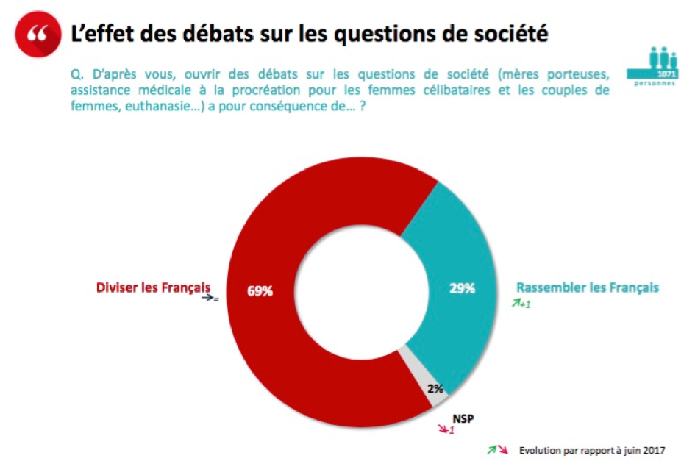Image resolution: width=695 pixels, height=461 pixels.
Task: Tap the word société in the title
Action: pyautogui.click(x=510, y=34)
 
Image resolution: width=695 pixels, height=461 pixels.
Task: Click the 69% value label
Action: pyautogui.click(x=259, y=290)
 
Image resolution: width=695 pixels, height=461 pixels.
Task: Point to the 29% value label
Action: pyautogui.click(x=462, y=288)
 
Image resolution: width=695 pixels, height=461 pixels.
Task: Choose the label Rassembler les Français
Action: pyautogui.click(x=587, y=287)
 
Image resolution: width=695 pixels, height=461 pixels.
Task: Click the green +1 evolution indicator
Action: pyautogui.click(x=522, y=304)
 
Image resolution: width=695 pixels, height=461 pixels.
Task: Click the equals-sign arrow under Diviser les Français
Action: pyautogui.click(x=211, y=299)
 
